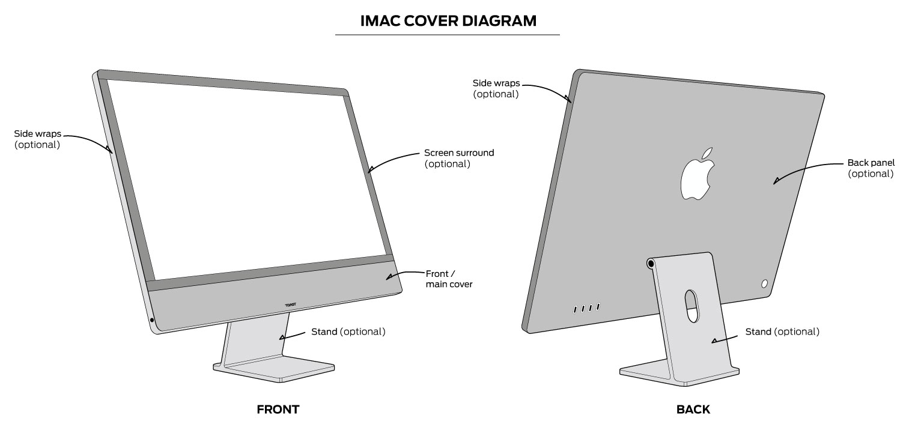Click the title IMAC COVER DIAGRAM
tap(448, 21)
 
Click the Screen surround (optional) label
tap(459, 158)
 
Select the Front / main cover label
tap(449, 279)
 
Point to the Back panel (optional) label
tap(871, 168)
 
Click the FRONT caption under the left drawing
tap(278, 410)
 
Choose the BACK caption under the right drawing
tap(693, 410)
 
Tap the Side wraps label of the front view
tap(37, 139)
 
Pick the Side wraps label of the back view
tap(496, 88)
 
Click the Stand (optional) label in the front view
tap(348, 332)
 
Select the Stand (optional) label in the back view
tap(782, 332)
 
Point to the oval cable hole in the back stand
tap(693, 306)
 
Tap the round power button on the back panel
tap(765, 283)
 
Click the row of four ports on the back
tap(586, 308)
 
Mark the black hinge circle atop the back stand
tap(651, 264)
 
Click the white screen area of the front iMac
tap(246, 180)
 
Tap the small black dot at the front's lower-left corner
tap(151, 320)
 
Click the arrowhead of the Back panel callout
tap(776, 180)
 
